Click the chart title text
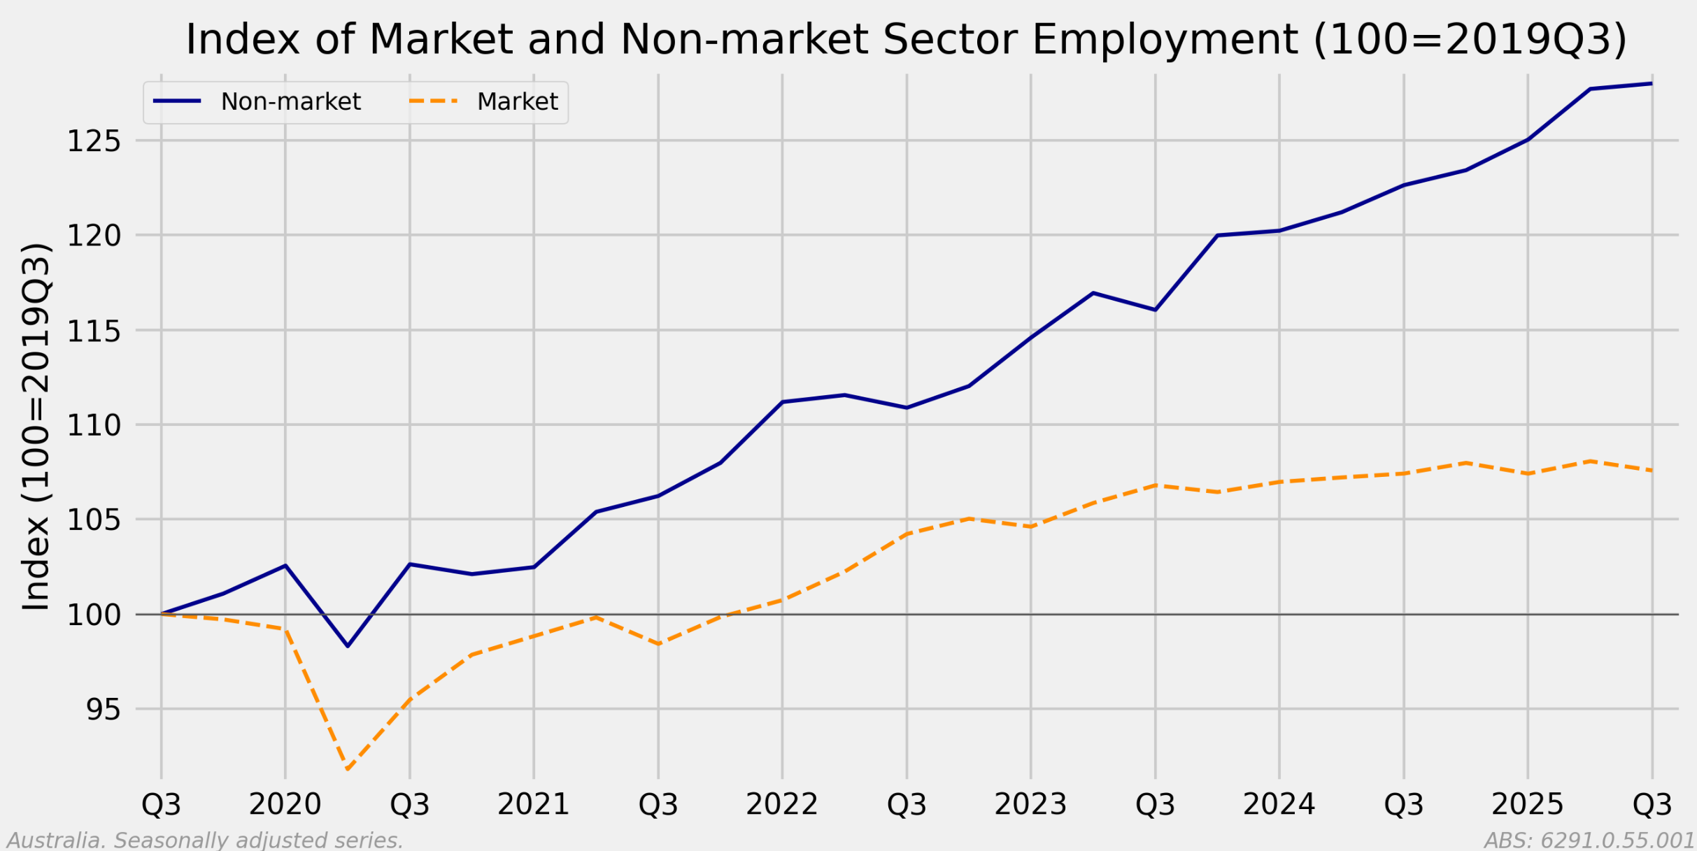[906, 39]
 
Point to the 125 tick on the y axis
[93, 141]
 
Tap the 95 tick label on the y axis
[102, 710]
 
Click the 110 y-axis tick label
[93, 425]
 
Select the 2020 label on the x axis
[285, 805]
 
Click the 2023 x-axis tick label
[1030, 805]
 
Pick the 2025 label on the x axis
[1527, 805]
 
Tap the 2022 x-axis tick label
[781, 805]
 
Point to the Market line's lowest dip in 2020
[348, 770]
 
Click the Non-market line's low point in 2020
[348, 646]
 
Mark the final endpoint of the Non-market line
[1652, 84]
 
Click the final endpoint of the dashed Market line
[1652, 471]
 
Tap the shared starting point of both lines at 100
[162, 614]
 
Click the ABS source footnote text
[1589, 840]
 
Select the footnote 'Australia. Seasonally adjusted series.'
[205, 840]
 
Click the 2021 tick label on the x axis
[533, 805]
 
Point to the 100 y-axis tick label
[93, 615]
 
